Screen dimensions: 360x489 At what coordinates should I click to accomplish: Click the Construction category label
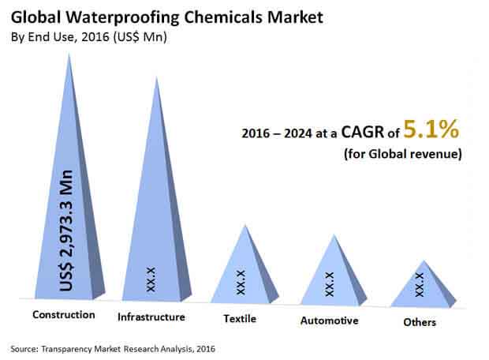coord(63,315)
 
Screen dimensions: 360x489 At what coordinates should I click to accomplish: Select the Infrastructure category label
coord(151,317)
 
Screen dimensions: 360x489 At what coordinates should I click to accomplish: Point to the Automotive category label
coord(330,321)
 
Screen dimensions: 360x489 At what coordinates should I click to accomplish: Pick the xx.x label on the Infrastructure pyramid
coord(151,279)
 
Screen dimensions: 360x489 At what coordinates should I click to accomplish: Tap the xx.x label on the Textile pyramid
coord(241,282)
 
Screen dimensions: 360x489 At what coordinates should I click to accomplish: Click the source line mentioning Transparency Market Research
coord(113,347)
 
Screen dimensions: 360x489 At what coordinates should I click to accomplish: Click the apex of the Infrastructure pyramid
coord(156,77)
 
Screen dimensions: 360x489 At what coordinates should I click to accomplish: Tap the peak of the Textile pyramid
coord(244,224)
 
